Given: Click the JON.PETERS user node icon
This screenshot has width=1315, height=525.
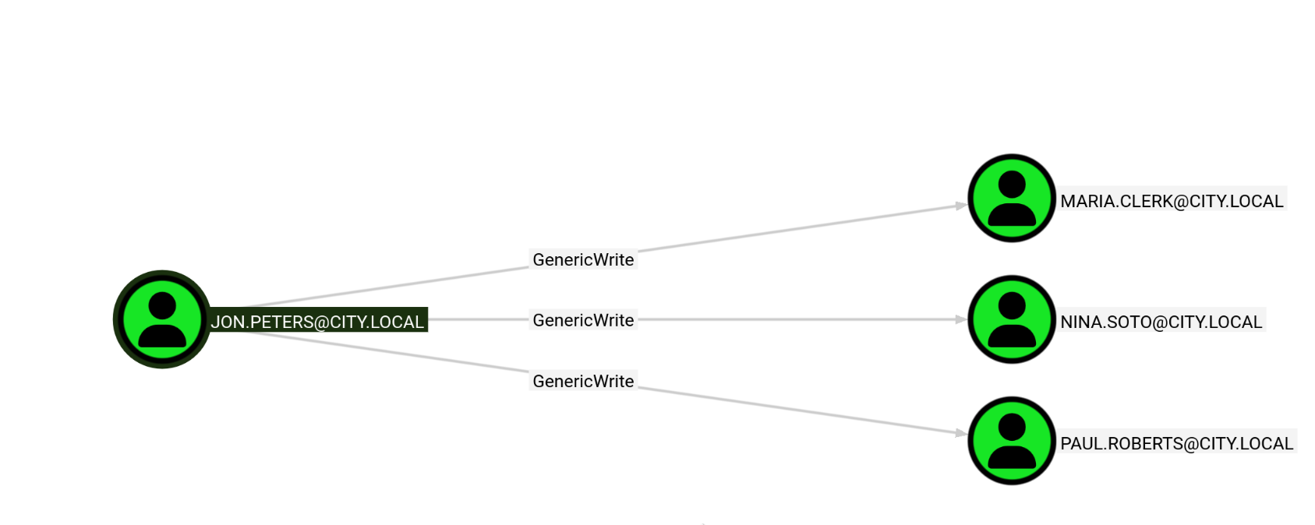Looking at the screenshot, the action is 162,319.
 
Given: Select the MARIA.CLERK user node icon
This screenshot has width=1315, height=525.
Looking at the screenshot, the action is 1012,199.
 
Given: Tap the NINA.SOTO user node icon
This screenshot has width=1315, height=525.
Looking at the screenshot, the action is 1012,319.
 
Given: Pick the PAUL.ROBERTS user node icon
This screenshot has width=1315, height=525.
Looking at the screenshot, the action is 1012,441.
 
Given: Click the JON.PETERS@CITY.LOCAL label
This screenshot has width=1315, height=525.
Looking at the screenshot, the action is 317,322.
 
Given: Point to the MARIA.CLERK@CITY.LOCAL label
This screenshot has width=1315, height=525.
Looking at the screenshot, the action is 1172,201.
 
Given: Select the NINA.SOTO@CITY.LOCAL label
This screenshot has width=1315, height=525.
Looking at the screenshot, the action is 1161,322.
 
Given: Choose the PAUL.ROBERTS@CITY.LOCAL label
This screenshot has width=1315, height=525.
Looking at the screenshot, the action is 1176,443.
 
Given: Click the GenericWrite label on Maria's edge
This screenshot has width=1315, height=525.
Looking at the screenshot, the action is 583,259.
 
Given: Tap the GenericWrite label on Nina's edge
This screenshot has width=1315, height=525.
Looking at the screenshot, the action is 583,320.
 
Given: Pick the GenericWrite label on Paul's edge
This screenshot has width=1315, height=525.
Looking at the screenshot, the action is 583,381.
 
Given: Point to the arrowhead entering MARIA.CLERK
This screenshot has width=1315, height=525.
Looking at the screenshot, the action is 961,206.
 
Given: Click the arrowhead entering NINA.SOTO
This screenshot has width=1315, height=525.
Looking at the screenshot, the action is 961,319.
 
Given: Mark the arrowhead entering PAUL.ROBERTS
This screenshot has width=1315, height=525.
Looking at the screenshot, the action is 961,434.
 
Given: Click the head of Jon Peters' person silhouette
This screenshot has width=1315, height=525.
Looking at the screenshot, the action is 162,305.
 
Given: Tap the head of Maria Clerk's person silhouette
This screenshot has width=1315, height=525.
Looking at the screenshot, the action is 1012,184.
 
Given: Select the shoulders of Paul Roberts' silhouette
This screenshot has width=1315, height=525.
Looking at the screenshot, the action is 1012,457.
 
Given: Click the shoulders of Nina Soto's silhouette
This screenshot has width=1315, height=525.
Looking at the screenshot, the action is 1012,336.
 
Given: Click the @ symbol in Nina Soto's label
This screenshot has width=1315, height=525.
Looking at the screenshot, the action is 1159,322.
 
